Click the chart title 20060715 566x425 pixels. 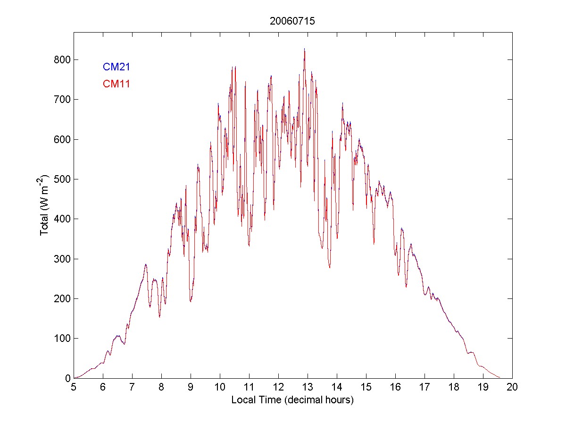coord(292,21)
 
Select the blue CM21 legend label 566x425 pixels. coord(116,67)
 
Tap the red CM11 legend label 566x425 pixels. coord(116,84)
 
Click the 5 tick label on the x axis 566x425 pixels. coord(74,387)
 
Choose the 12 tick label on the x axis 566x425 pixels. coord(278,387)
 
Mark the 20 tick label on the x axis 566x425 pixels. coord(512,387)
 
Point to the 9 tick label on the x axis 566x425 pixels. coord(191,387)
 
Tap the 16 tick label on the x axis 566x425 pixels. coord(395,387)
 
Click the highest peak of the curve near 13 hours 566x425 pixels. coord(304,49)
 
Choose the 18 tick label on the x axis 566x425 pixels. coord(454,387)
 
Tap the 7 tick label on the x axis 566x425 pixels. coord(132,387)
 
